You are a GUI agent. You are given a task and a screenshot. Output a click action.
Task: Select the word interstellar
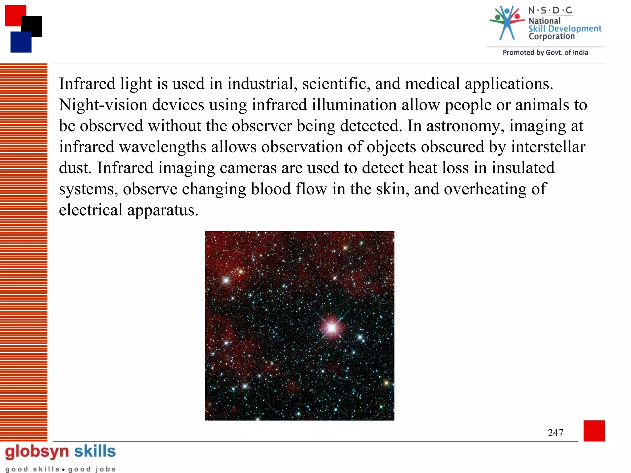pos(548,147)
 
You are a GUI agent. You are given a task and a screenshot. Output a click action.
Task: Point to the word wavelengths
pos(163,147)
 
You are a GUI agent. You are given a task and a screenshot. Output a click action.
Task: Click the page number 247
pos(556,433)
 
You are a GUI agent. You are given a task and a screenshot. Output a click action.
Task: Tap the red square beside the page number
pos(594,431)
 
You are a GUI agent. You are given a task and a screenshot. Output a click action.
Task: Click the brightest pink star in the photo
pos(332,328)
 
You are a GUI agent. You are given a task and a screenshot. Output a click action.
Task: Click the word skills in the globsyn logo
pos(95,451)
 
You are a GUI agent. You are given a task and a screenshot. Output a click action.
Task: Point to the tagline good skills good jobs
pos(60,469)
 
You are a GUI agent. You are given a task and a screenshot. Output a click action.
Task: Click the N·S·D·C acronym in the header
pos(550,10)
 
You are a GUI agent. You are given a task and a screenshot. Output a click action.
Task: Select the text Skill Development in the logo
pos(565,29)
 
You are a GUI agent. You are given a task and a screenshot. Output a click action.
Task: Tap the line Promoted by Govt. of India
pos(545,53)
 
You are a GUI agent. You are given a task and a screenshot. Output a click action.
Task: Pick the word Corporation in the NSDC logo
pos(552,36)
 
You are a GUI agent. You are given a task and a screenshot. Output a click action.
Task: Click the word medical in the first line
pos(432,84)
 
